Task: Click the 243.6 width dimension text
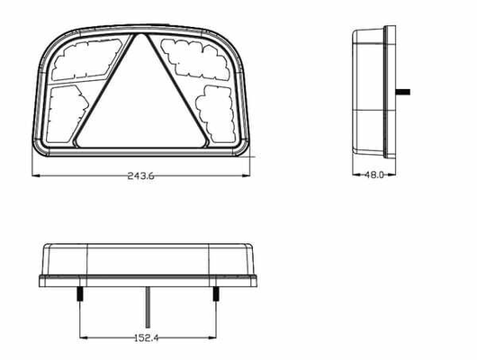click(140, 175)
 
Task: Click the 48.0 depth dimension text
click(374, 175)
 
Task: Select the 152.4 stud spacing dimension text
click(147, 337)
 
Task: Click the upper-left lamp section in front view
click(86, 59)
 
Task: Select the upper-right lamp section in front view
click(196, 58)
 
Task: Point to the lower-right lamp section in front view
click(216, 113)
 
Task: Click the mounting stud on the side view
click(403, 92)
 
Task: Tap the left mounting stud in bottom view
click(81, 293)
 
